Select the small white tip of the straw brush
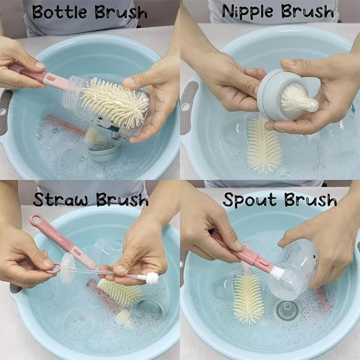tap(152, 278)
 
